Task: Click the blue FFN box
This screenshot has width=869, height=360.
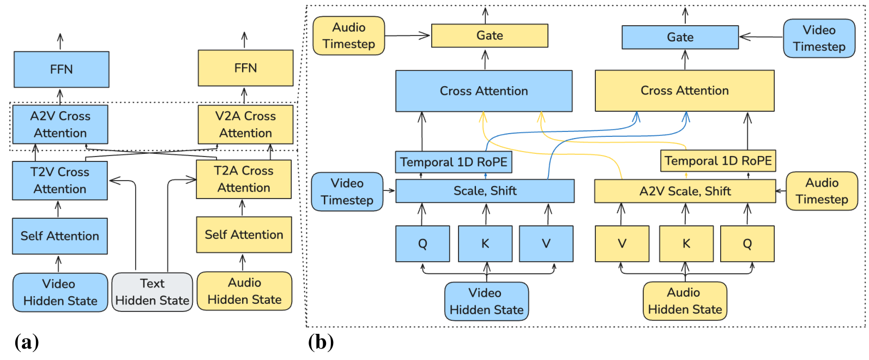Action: click(61, 69)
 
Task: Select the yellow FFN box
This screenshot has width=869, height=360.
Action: click(245, 68)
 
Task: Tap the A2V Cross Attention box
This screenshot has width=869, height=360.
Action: click(60, 124)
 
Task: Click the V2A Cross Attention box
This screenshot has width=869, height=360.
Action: click(245, 124)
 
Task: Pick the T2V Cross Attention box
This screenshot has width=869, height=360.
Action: click(60, 181)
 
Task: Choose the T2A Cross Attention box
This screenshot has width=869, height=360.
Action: click(244, 179)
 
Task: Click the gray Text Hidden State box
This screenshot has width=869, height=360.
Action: click(152, 292)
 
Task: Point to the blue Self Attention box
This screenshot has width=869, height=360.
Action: click(60, 236)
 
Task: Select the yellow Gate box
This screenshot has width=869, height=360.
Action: click(490, 35)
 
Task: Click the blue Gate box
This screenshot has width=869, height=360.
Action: click(680, 37)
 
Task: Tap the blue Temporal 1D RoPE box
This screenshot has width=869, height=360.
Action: click(453, 162)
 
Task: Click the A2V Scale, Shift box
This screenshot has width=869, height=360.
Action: click(685, 191)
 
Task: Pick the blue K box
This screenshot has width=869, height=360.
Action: click(485, 244)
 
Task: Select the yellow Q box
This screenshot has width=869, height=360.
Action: click(747, 244)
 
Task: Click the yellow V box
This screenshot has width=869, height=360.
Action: click(621, 244)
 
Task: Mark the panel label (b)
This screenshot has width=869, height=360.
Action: click(321, 342)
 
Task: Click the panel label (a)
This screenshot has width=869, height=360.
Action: click(26, 342)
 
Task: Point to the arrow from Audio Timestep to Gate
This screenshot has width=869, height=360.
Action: click(407, 35)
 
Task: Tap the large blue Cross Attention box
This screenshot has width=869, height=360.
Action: click(484, 91)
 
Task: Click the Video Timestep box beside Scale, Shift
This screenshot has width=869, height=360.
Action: click(347, 191)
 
